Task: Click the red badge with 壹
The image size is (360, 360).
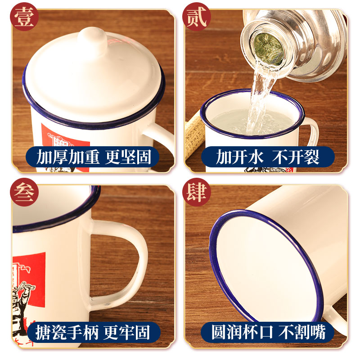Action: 24,17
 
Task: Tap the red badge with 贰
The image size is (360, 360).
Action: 197,17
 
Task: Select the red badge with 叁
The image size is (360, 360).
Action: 24,192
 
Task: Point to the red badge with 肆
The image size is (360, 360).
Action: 197,192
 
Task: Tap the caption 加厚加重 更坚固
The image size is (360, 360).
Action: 93,157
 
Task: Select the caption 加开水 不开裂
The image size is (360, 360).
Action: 268,157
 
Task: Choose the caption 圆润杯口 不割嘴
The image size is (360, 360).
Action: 268,332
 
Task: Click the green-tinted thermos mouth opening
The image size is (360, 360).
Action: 268,49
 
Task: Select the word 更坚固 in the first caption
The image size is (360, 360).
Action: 128,157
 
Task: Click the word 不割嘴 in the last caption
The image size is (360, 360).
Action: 302,332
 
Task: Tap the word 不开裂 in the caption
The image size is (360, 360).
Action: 296,157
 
